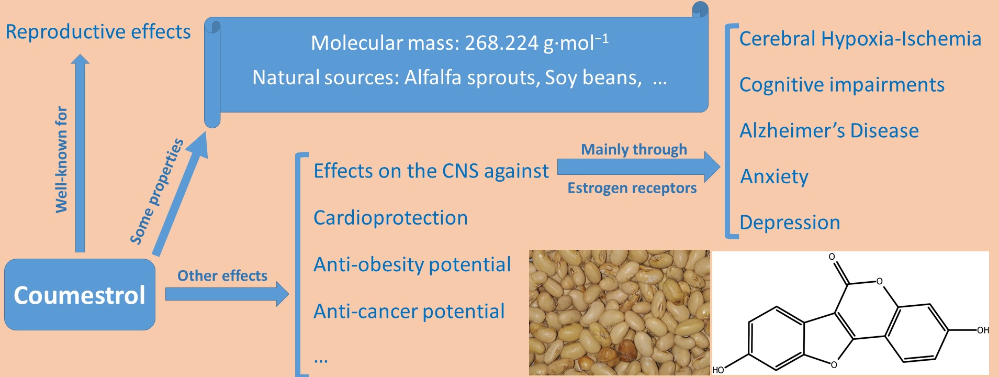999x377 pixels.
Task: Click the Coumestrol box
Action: (80, 294)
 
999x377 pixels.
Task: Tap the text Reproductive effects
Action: (98, 32)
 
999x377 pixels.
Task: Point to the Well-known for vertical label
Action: (62, 159)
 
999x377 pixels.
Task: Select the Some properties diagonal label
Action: (156, 191)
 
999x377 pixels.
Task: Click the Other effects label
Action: (222, 275)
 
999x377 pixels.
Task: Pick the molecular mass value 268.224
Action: (501, 43)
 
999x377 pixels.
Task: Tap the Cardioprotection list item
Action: (390, 218)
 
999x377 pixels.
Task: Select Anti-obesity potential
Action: (412, 264)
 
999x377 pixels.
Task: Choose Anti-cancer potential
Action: (409, 311)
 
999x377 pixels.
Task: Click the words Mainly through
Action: (634, 150)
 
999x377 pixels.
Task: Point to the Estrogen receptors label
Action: (632, 188)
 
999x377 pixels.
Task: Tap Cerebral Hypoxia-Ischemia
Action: (860, 39)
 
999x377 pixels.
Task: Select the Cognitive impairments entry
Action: (842, 85)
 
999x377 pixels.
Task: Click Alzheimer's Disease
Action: (829, 130)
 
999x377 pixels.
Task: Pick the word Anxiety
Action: (774, 177)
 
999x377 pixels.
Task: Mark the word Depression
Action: (790, 223)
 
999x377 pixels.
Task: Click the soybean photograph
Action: (620, 313)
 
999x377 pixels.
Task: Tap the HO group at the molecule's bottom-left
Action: (718, 370)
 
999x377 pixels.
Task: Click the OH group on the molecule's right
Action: (983, 330)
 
